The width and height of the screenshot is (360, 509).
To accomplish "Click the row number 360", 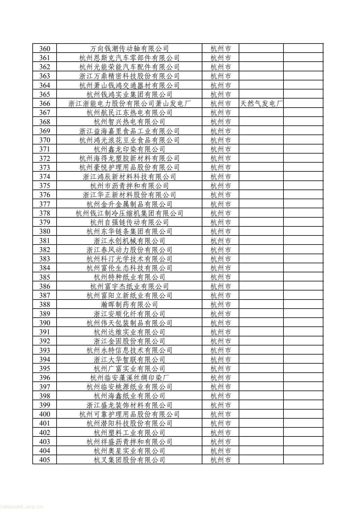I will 44,48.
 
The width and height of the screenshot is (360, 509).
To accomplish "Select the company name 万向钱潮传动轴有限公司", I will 129,48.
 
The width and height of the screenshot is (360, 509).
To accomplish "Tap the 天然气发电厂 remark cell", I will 261,103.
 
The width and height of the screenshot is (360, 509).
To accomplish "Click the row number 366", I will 44,103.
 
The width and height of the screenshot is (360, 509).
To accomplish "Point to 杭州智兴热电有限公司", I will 129,122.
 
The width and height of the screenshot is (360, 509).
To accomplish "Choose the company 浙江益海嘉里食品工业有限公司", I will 129,131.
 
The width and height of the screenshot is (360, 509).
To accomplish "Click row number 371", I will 44,149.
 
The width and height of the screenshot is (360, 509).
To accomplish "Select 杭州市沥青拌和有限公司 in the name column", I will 129,186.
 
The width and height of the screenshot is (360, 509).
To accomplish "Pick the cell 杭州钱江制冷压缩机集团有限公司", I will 129,213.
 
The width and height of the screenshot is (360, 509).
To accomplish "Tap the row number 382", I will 44,250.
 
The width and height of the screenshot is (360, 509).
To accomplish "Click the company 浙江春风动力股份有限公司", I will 129,250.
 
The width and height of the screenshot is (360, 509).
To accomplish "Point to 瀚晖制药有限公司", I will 129,304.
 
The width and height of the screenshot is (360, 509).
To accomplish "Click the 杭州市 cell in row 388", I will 221,304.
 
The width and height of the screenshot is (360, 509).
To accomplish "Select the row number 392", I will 44,341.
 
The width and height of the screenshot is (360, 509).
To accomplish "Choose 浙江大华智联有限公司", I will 129,359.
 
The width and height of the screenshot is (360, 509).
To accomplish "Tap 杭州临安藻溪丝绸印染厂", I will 129,378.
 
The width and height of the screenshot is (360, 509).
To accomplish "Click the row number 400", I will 44,414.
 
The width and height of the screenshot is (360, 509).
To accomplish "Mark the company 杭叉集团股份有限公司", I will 129,460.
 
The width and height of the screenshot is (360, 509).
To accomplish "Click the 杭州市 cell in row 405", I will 221,460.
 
